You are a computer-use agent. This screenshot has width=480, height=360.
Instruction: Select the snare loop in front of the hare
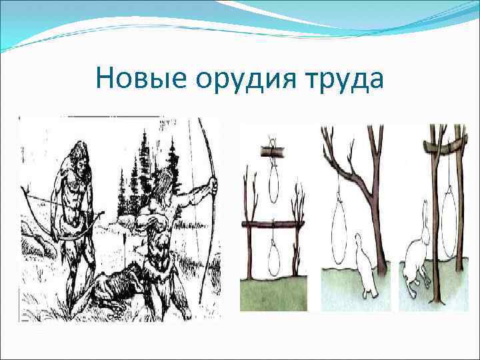pyautogui.click(x=447, y=223)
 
